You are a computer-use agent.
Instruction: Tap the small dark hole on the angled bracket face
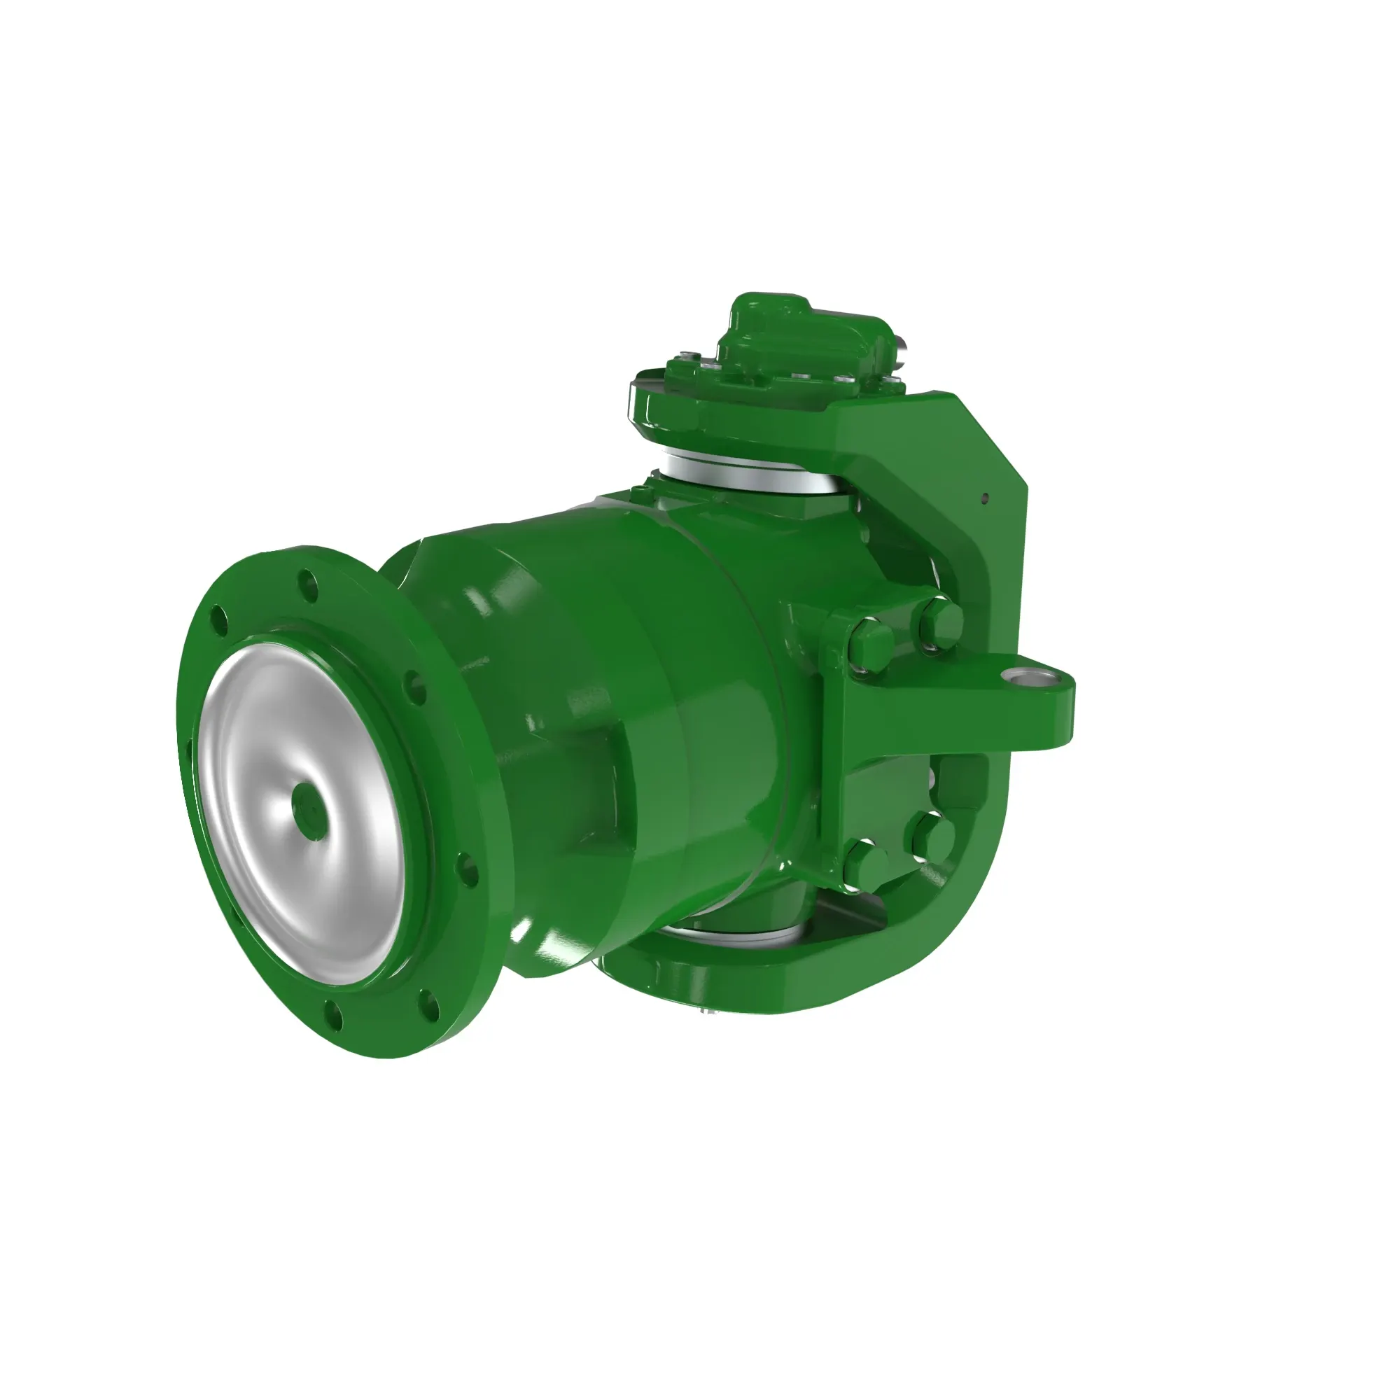(x=984, y=498)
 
